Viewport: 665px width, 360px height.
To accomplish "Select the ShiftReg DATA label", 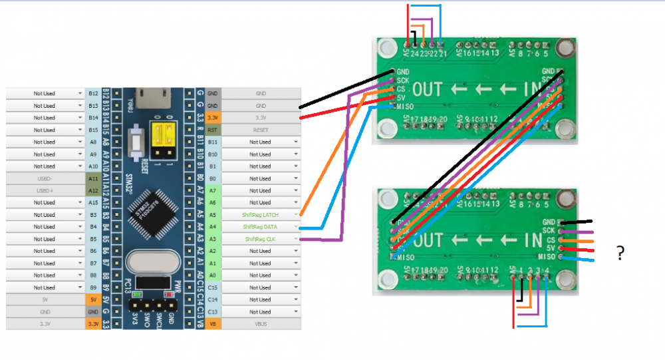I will [260, 227].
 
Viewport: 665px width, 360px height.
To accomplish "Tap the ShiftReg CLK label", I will [260, 239].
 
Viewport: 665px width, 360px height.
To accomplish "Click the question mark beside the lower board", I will [620, 252].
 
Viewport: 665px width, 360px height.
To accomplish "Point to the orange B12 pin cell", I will [93, 94].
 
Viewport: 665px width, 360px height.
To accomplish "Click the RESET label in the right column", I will [260, 130].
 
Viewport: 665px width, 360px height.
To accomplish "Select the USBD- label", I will [44, 178].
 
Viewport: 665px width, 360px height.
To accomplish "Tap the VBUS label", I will [260, 323].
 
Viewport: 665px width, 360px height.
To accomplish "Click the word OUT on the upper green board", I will [429, 89].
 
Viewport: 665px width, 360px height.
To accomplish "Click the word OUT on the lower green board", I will [429, 240].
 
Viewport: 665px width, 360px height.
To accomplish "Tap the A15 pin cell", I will [93, 202].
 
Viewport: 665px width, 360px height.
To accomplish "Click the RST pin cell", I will [213, 130].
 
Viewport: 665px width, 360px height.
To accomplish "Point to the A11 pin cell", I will [93, 178].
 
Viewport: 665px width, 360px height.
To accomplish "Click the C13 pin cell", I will [213, 311].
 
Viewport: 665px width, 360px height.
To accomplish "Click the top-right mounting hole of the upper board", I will [565, 48].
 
